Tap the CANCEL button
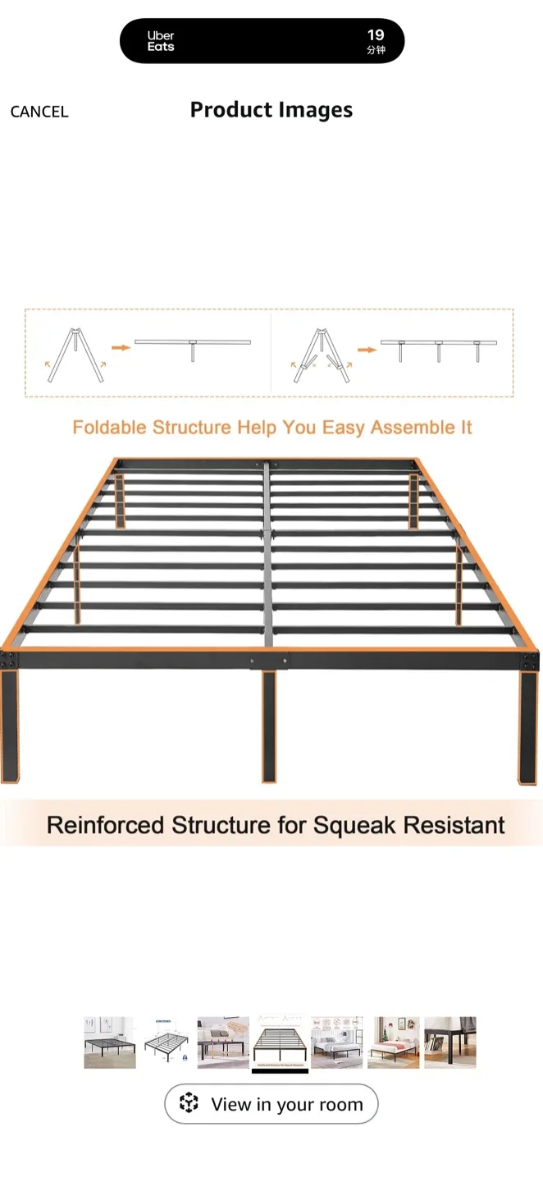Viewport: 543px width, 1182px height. (x=39, y=112)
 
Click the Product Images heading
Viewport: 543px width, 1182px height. (x=271, y=110)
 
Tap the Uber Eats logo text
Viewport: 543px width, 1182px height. (x=161, y=41)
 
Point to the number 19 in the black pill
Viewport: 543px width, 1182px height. (x=376, y=35)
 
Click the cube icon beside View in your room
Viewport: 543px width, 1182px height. (x=189, y=1103)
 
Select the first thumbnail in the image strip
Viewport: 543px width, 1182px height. (x=110, y=1042)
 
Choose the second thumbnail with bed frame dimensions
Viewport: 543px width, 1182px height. (x=167, y=1042)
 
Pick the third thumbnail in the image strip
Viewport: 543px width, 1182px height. (x=223, y=1042)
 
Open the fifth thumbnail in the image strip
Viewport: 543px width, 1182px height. (x=336, y=1042)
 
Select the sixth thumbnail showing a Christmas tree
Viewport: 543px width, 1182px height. (x=393, y=1042)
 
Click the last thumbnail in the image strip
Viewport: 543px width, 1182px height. (x=449, y=1042)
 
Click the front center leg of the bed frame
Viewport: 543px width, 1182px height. (x=269, y=726)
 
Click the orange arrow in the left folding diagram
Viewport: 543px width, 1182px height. (x=121, y=348)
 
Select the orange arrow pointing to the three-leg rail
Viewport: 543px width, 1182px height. (x=367, y=349)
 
